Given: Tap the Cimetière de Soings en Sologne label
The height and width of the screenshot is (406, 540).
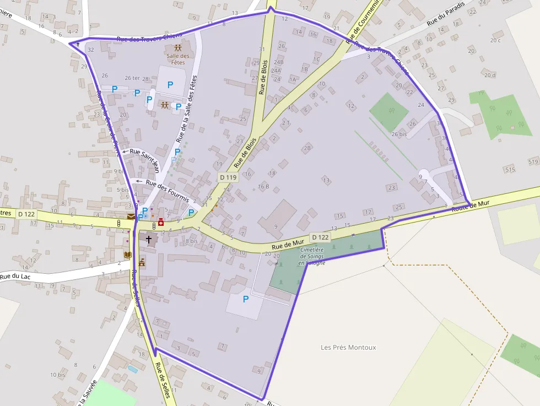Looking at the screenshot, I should tap(312, 256).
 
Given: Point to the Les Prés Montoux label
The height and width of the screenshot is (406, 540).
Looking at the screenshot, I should tap(348, 347).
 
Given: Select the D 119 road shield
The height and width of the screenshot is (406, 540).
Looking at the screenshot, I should tap(228, 177).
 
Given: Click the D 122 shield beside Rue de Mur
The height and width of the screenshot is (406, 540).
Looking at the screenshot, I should tap(320, 237).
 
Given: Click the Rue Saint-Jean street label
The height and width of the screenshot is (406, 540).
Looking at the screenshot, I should tap(144, 155).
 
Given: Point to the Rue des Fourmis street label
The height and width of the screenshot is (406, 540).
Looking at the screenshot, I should tap(168, 190).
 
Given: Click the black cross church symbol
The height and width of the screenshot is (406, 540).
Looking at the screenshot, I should tap(148, 240).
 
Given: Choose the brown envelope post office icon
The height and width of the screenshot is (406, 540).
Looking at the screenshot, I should tap(131, 216).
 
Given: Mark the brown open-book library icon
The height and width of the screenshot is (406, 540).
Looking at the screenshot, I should tap(128, 255).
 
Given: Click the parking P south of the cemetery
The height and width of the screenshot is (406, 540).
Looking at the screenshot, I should tap(246, 299).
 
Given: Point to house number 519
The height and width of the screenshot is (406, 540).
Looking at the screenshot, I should tap(533, 161).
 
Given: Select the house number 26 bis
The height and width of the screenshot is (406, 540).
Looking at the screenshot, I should tap(398, 134).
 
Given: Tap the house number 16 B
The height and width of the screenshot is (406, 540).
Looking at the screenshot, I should tap(263, 186).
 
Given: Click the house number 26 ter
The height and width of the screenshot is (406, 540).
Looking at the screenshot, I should tap(132, 78).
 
